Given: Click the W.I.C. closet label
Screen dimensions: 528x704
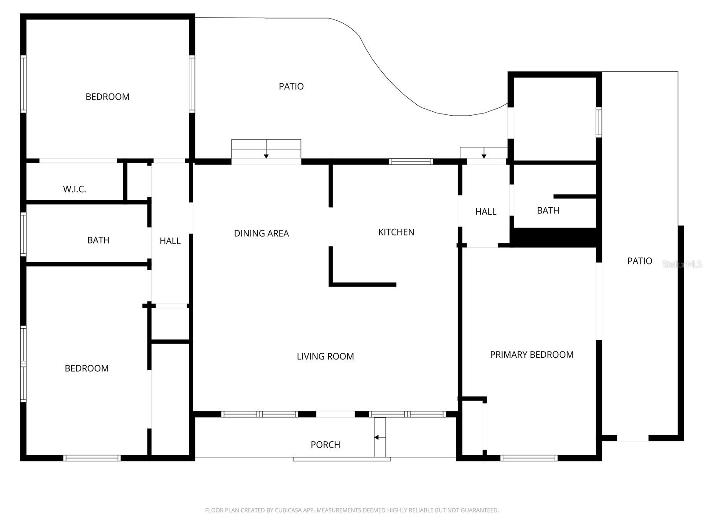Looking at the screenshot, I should point(74,189).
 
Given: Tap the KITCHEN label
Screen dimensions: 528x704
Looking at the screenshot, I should point(396,232).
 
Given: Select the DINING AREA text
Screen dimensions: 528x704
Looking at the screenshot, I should point(261,233).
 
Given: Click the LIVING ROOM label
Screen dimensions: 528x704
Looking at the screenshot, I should point(325,356).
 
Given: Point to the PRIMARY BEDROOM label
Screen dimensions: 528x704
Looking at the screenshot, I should point(532,355).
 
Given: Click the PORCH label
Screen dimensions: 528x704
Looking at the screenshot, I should point(325,445).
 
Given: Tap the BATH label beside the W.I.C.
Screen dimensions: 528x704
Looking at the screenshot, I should point(98,240).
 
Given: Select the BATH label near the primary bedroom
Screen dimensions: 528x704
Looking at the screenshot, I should point(548,210).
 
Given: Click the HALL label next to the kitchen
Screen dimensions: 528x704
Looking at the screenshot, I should point(486,212).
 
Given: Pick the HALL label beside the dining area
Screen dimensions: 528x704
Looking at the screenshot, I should point(170,241).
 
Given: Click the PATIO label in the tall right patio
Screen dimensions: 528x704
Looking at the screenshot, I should point(639,261).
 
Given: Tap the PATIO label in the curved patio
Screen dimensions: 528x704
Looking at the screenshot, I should point(291,86).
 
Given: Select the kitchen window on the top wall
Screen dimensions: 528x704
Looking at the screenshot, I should point(411,161).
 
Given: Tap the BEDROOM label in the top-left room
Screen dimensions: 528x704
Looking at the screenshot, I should point(107,97).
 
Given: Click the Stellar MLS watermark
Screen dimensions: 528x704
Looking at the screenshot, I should point(682,264).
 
